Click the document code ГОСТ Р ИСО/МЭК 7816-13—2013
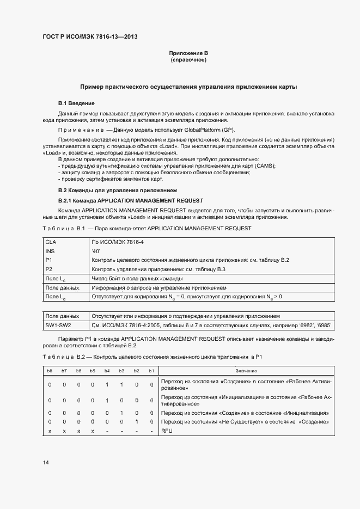(x=89, y=36)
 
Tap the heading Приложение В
(x=188, y=53)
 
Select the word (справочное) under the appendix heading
(x=188, y=60)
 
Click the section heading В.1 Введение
(x=77, y=103)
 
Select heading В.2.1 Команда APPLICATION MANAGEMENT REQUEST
(x=130, y=200)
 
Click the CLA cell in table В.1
(x=51, y=241)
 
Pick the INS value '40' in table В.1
(x=96, y=251)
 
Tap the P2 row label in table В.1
(x=48, y=269)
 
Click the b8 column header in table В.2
(x=50, y=370)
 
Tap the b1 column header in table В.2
(x=151, y=370)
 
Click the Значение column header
(x=247, y=370)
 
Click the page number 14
(x=46, y=463)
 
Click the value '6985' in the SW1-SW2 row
(x=325, y=325)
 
